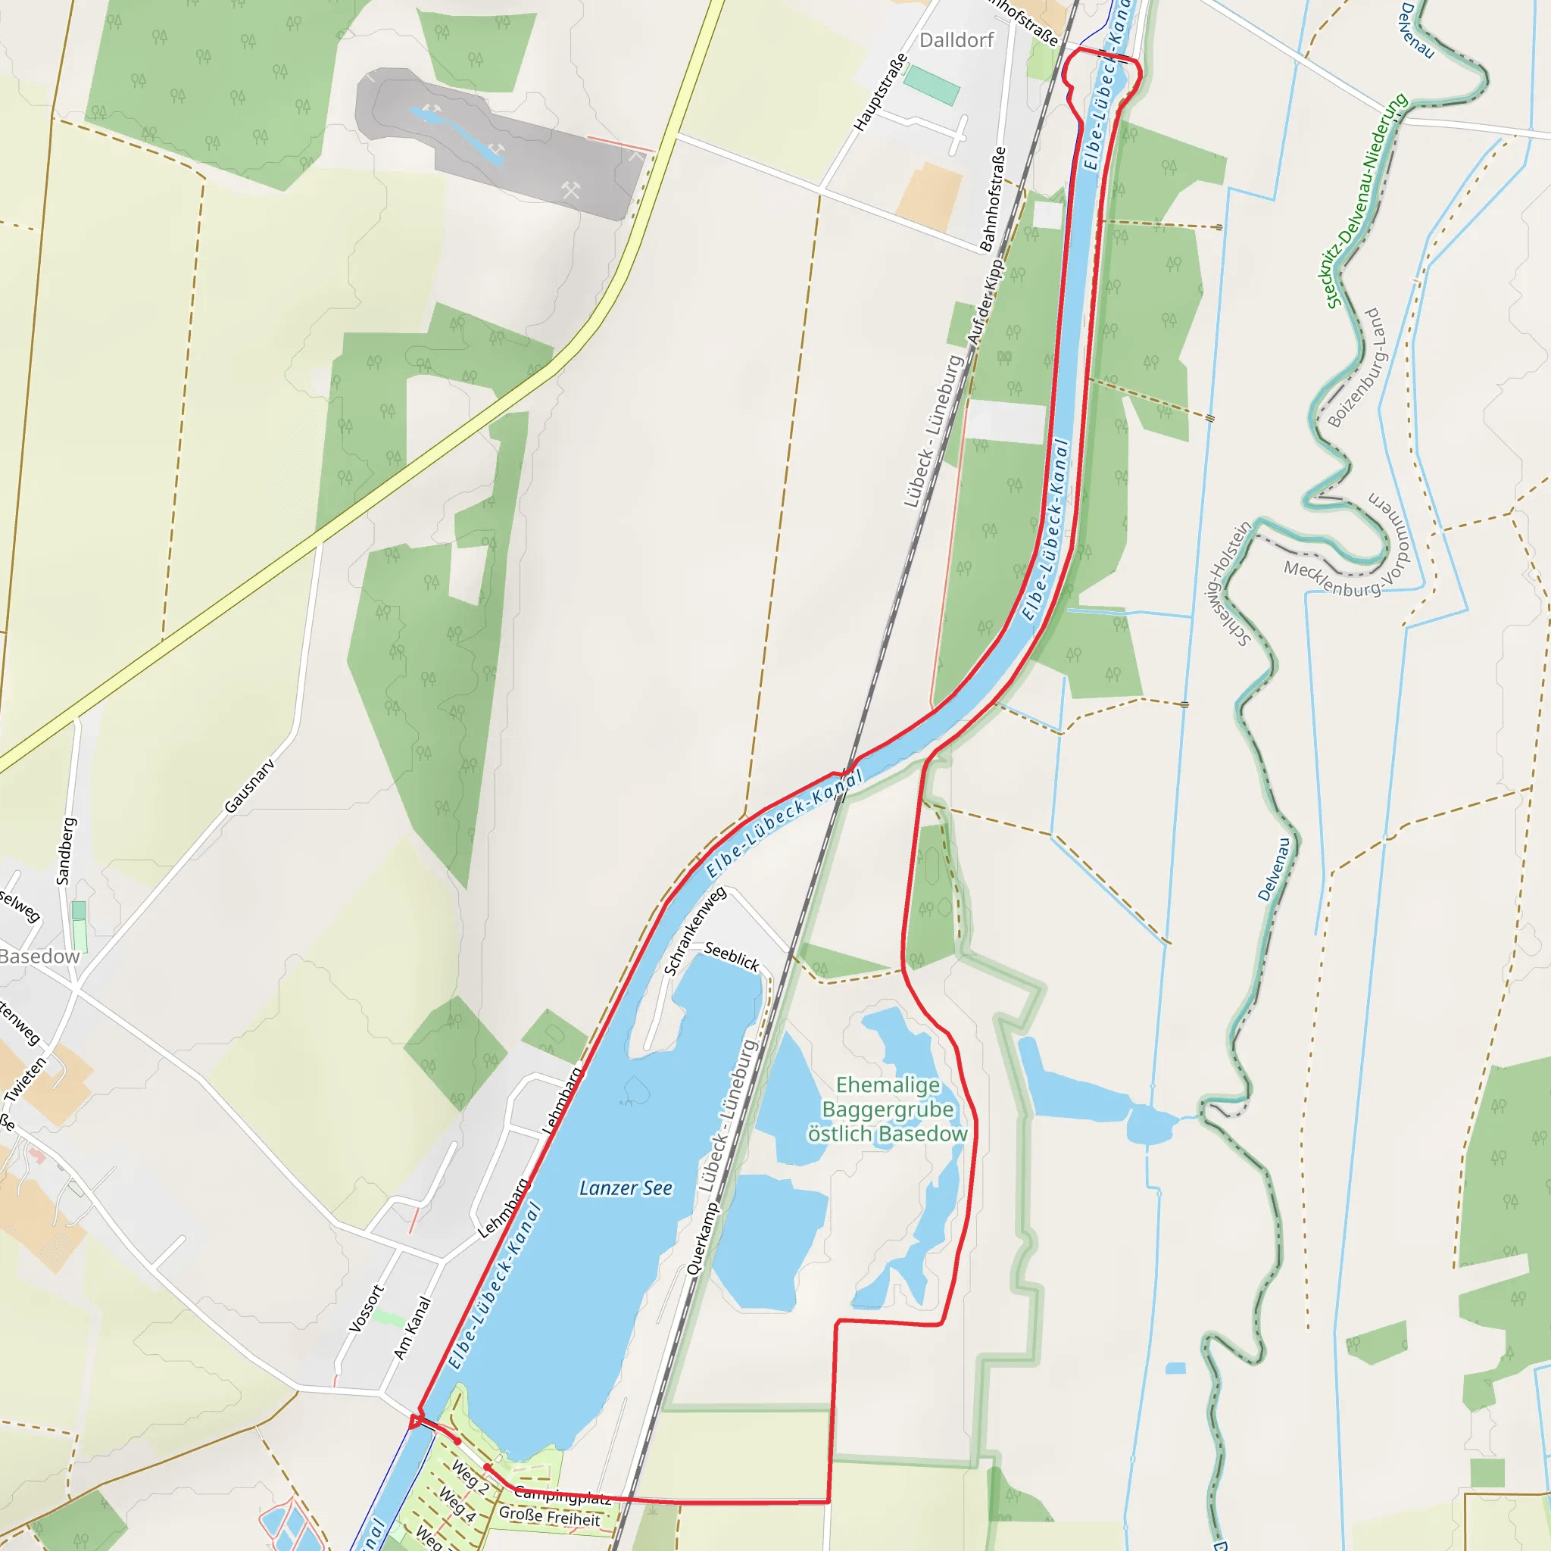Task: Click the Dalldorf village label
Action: (957, 40)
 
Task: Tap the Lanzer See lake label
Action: (626, 1188)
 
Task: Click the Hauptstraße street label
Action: (881, 92)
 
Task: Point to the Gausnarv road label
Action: (250, 786)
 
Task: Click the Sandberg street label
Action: (66, 851)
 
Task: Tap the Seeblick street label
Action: (732, 957)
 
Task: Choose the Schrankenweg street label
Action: (695, 931)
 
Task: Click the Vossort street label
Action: (366, 1309)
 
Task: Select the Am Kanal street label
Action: (412, 1328)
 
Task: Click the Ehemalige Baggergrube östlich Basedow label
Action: (887, 1109)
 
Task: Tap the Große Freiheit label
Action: (549, 1516)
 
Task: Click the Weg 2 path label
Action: (470, 1477)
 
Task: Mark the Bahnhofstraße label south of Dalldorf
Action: (993, 198)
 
